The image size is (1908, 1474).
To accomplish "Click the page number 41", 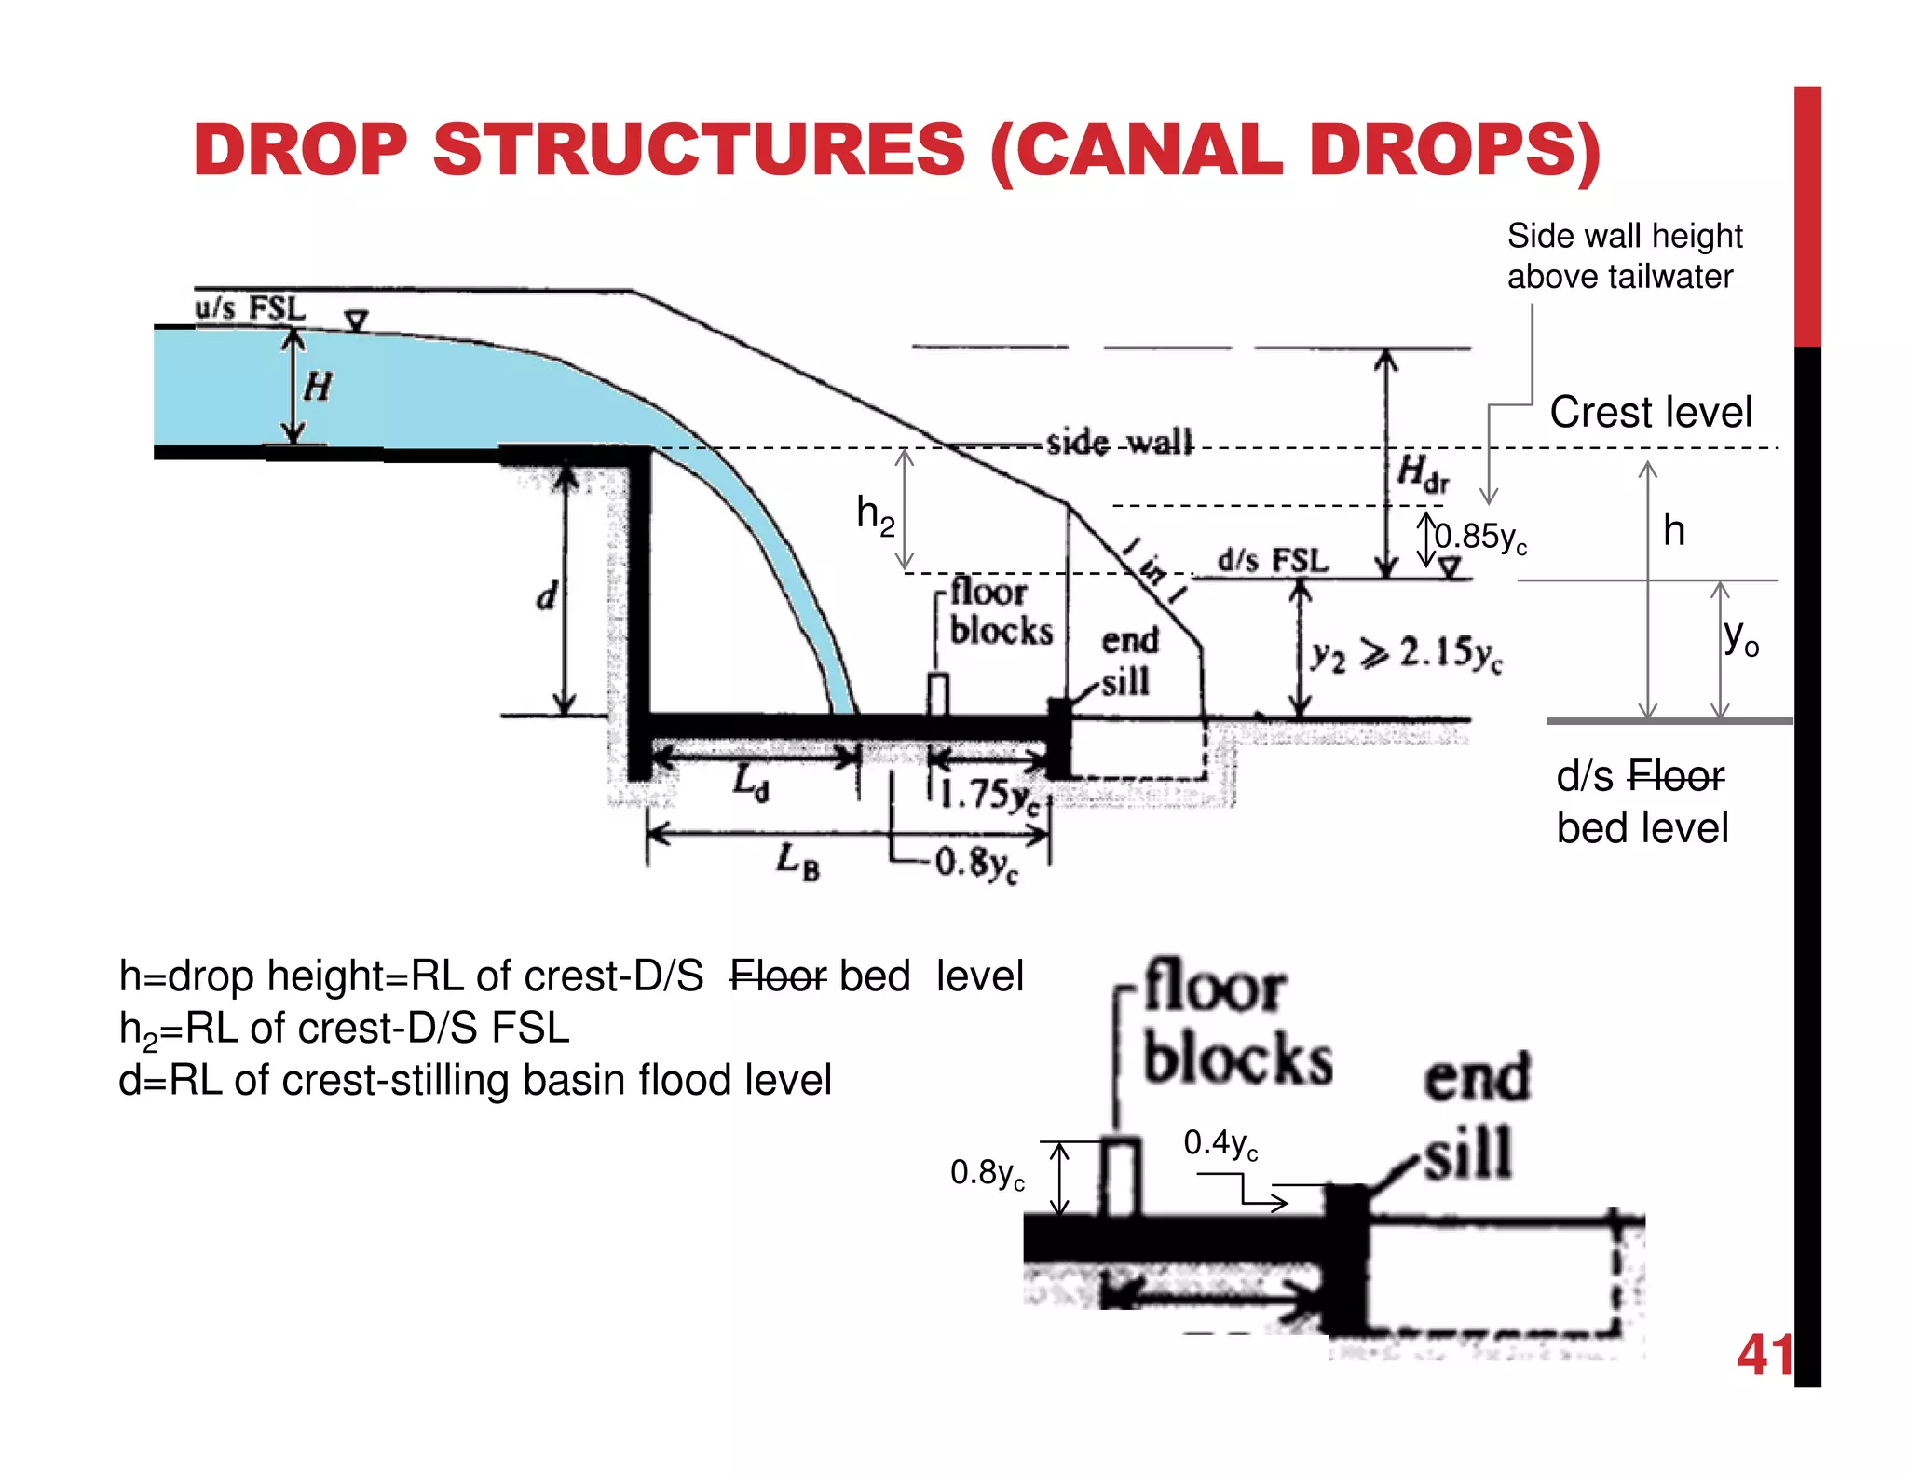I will click(1764, 1356).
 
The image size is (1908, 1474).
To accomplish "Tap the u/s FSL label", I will click(250, 308).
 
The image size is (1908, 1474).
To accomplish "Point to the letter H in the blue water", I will click(318, 386).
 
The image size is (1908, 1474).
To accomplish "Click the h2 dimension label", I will click(875, 514).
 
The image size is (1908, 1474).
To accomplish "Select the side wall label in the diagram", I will click(1118, 442).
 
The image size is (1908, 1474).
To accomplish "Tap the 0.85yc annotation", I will click(1480, 538).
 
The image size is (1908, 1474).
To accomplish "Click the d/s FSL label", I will click(1273, 560).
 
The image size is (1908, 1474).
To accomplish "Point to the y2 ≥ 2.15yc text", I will click(1406, 654).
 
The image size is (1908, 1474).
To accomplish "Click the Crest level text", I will click(1650, 412).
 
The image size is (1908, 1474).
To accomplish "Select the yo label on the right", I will click(1740, 638).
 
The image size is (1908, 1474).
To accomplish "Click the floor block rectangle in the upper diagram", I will click(938, 693).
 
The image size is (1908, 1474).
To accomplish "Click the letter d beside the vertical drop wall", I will click(547, 594).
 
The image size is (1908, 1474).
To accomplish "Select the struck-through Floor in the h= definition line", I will click(777, 976).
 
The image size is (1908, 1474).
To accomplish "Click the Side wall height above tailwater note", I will click(1624, 256).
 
